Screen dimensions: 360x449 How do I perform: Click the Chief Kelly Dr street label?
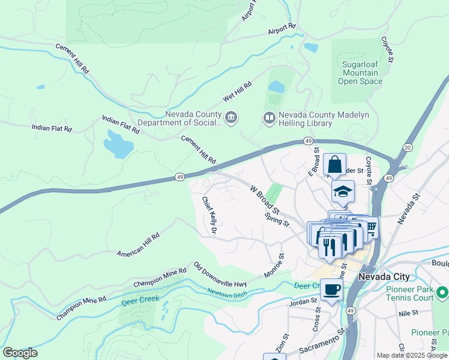click(x=209, y=215)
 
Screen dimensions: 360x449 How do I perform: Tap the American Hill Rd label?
click(x=139, y=245)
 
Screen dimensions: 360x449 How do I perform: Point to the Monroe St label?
click(x=274, y=265)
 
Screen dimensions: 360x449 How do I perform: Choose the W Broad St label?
click(x=265, y=199)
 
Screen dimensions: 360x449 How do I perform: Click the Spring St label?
click(x=278, y=219)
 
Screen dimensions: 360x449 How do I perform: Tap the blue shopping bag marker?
click(x=334, y=164)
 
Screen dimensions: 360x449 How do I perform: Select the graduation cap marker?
click(x=343, y=191)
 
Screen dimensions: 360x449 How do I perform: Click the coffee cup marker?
click(x=331, y=290)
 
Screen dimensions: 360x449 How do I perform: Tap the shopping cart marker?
click(x=370, y=227)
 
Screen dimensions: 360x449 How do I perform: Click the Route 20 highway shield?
click(x=408, y=148)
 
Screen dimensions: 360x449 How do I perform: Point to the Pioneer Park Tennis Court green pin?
click(x=442, y=293)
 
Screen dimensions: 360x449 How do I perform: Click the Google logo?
click(x=20, y=353)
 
